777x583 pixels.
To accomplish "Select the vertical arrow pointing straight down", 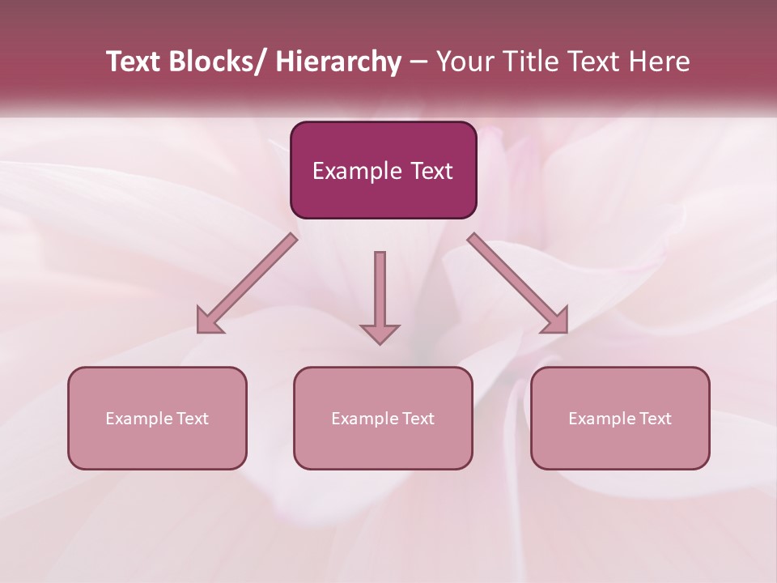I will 380,296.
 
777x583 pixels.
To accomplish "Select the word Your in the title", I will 465,62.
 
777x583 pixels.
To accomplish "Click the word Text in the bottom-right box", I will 656,419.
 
